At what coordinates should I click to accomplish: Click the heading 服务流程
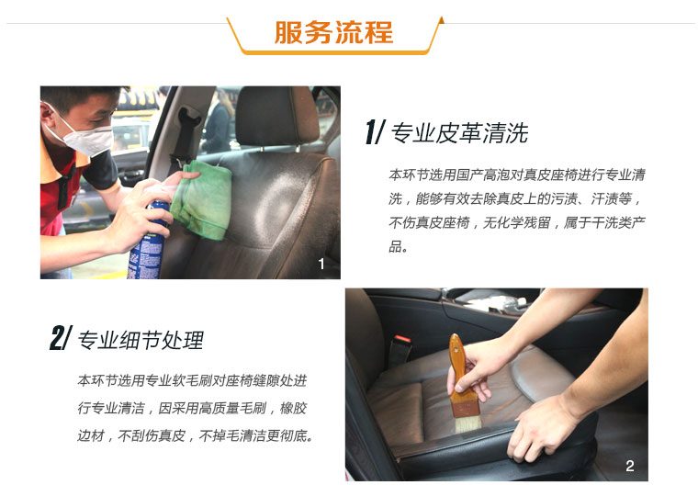pyautogui.click(x=333, y=32)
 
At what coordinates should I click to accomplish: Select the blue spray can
pyautogui.click(x=148, y=242)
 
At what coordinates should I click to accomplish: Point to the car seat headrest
pyautogui.click(x=276, y=116)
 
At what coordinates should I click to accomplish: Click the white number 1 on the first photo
pyautogui.click(x=321, y=264)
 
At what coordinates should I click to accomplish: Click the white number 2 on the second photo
pyautogui.click(x=629, y=466)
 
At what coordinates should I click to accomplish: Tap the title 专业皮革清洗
pyautogui.click(x=459, y=133)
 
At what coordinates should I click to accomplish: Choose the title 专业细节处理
pyautogui.click(x=141, y=340)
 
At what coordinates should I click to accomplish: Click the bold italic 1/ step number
pyautogui.click(x=374, y=132)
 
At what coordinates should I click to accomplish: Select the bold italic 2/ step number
pyautogui.click(x=61, y=338)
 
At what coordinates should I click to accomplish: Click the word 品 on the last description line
pyautogui.click(x=395, y=246)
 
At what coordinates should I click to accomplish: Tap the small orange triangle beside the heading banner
pyautogui.click(x=441, y=19)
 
